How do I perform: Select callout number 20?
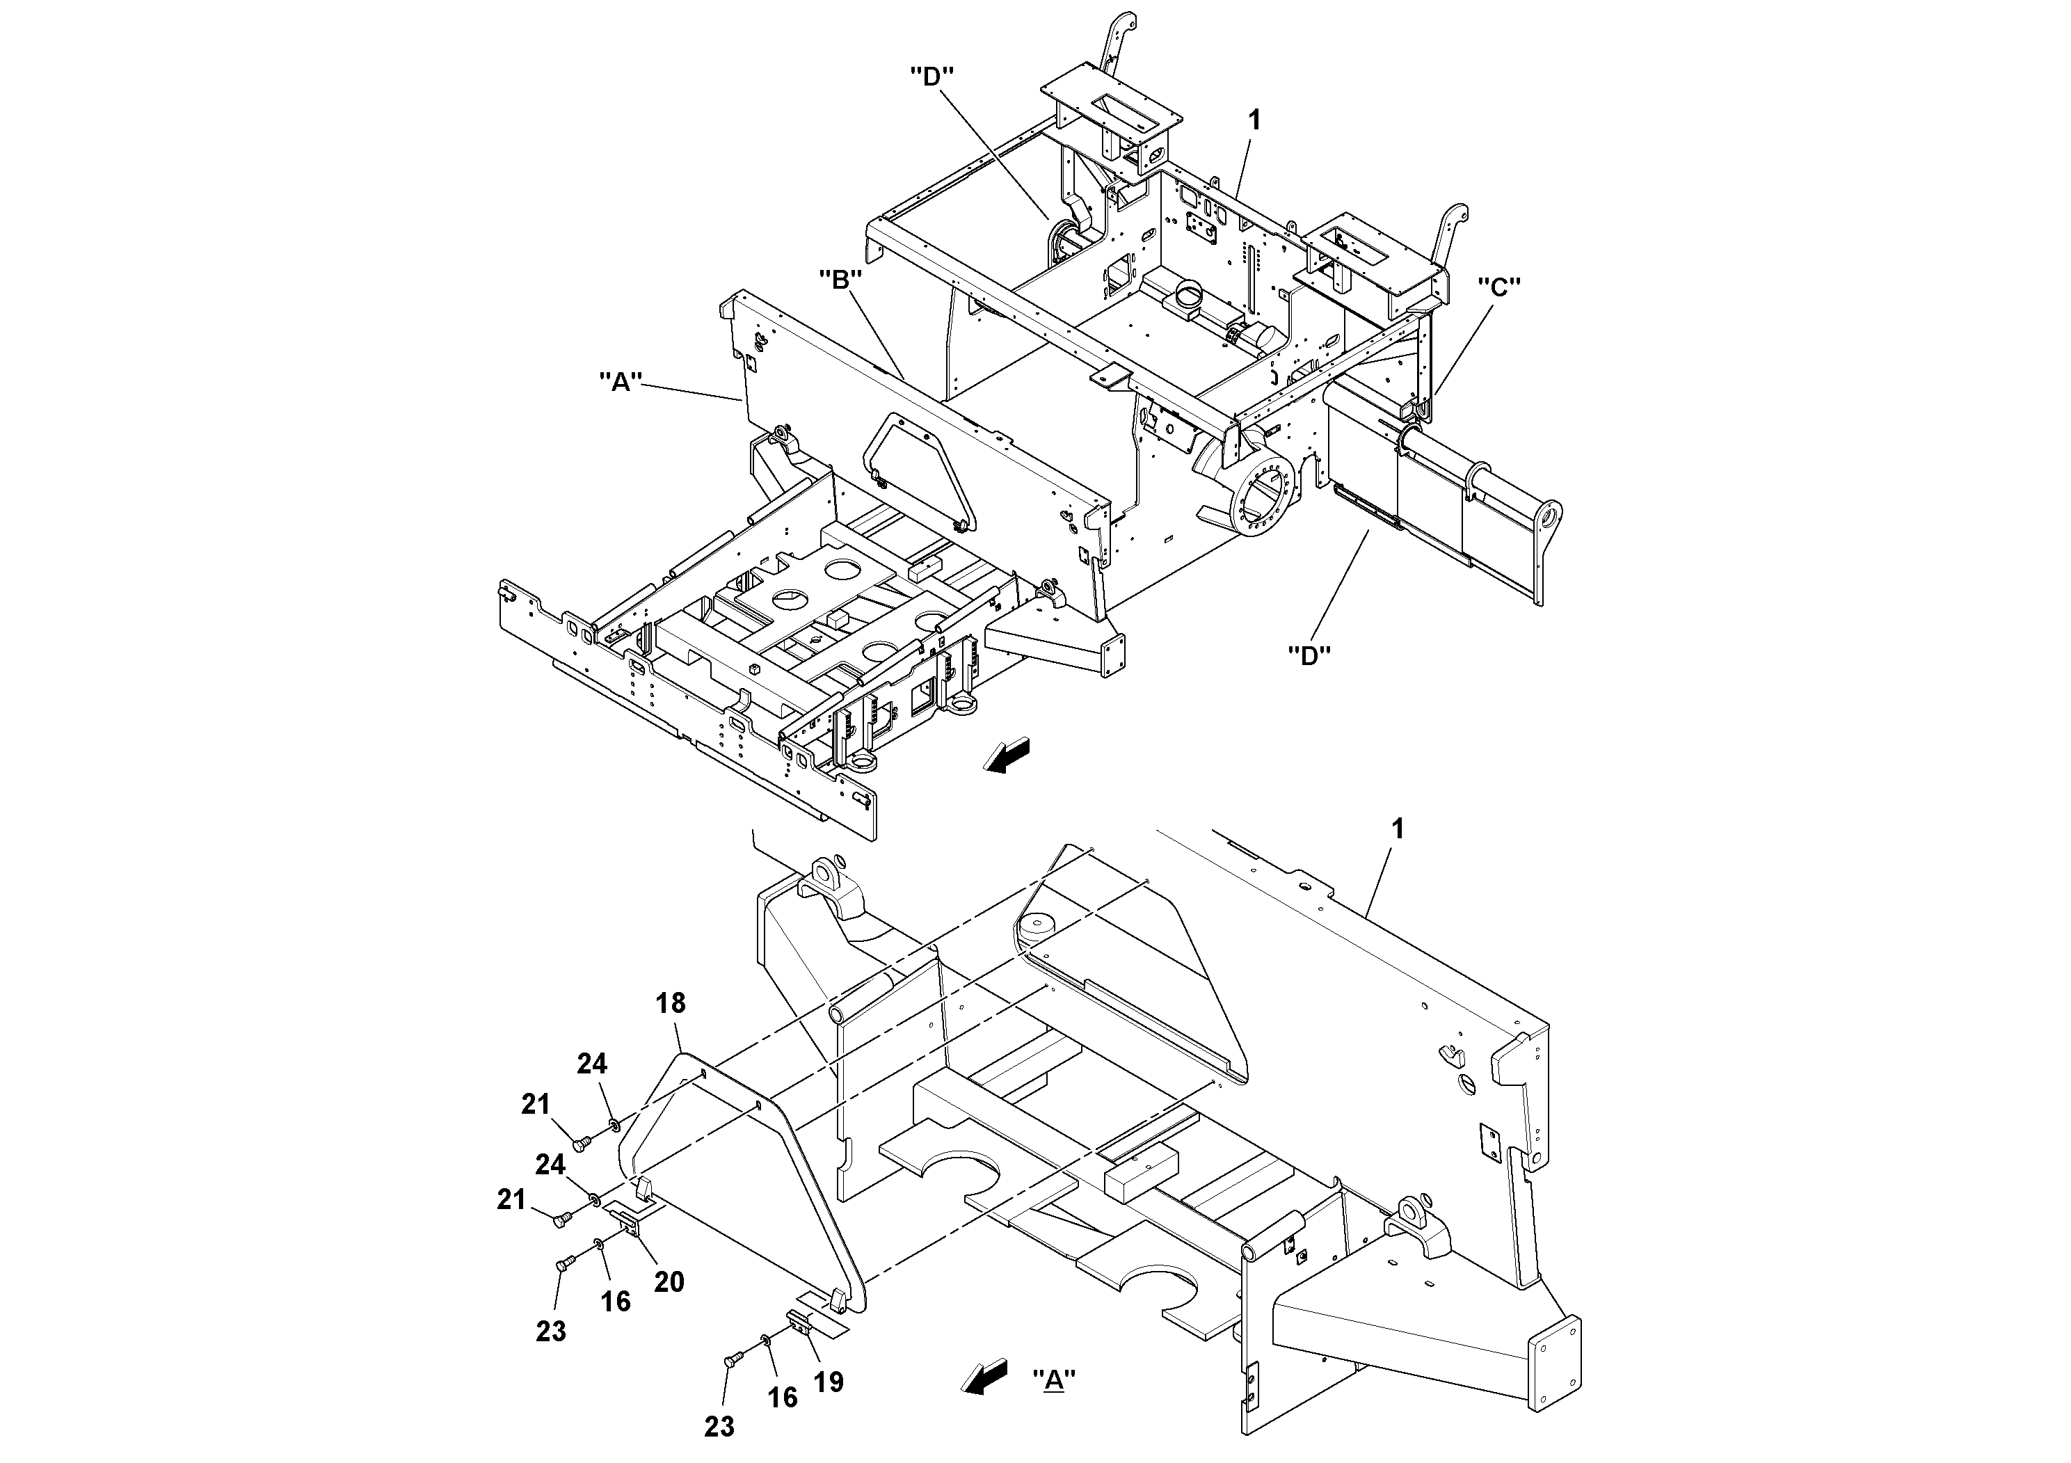click(x=669, y=1281)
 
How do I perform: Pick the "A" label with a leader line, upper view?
click(x=621, y=381)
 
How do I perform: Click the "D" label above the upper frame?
click(x=933, y=77)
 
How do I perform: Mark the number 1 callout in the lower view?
click(x=1397, y=829)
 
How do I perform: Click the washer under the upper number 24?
click(x=614, y=1124)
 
